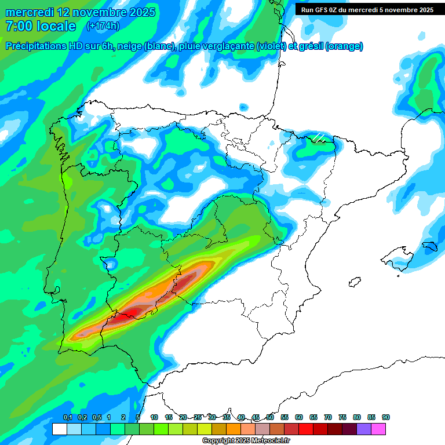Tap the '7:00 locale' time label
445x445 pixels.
pyautogui.click(x=41, y=26)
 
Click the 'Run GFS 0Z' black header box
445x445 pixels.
pyautogui.click(x=367, y=9)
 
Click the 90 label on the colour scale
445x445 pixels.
pyautogui.click(x=386, y=417)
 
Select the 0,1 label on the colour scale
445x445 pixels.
pyautogui.click(x=67, y=417)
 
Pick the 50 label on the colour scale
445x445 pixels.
pyautogui.click(x=270, y=417)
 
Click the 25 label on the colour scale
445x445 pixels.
pyautogui.click(x=198, y=417)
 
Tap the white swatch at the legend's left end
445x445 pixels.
pyautogui.click(x=59, y=429)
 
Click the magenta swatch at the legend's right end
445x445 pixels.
pyautogui.click(x=378, y=429)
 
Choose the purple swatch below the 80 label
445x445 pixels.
pyautogui.click(x=364, y=429)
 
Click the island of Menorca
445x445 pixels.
pyautogui.click(x=429, y=245)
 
